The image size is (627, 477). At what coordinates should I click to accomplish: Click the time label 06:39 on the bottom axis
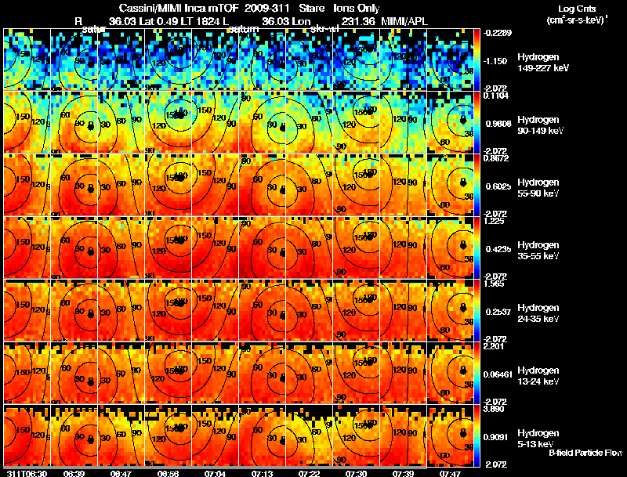coord(74,473)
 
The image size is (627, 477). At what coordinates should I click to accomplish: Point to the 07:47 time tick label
coord(450,473)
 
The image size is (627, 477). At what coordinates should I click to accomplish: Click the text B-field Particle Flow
coord(585,453)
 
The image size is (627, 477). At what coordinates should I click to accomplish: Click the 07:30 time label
coord(356,473)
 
